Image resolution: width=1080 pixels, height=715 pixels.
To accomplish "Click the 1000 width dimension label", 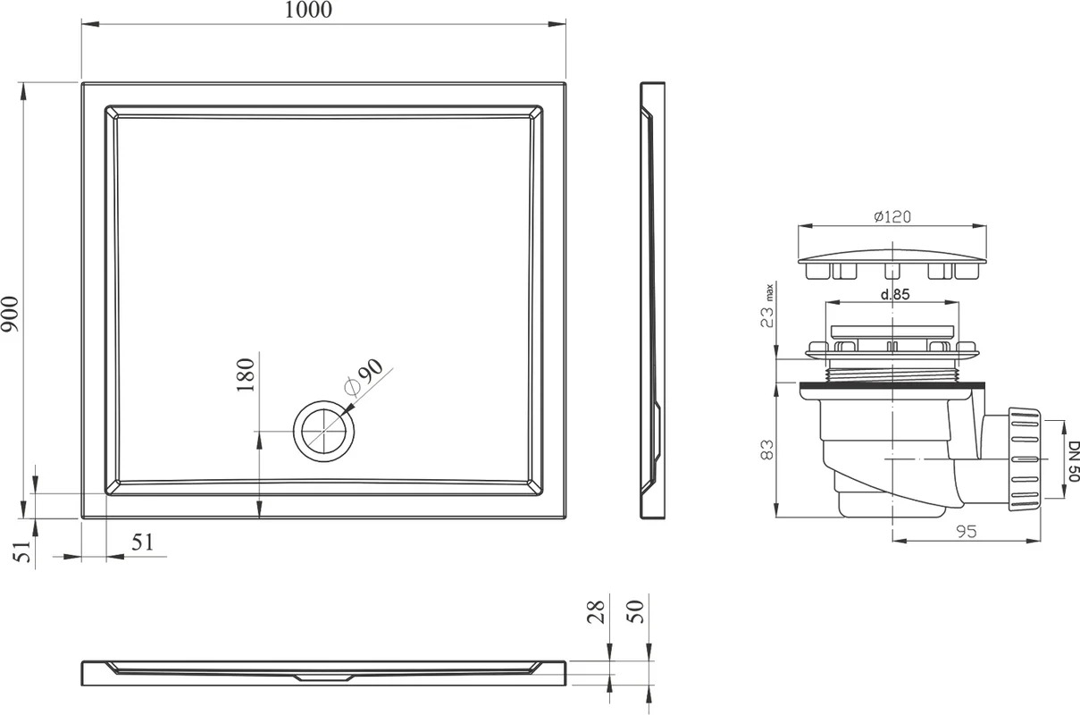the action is pyautogui.click(x=308, y=10).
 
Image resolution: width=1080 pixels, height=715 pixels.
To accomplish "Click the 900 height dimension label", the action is pyautogui.click(x=10, y=314).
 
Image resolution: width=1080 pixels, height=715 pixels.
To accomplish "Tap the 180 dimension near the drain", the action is pyautogui.click(x=246, y=374).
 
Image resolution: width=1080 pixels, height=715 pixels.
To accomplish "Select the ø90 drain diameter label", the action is pyautogui.click(x=364, y=378).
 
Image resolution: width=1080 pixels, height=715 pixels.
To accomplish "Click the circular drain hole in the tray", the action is pyautogui.click(x=324, y=431).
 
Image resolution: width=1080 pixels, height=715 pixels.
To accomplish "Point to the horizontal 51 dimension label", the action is pyautogui.click(x=143, y=543).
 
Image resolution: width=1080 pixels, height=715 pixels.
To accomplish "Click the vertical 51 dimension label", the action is pyautogui.click(x=22, y=551).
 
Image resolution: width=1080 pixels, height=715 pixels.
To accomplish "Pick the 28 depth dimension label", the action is pyautogui.click(x=596, y=611).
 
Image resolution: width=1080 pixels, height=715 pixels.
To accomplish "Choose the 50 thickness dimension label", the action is pyautogui.click(x=635, y=611).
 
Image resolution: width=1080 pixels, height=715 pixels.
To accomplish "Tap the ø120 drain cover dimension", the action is pyautogui.click(x=892, y=216).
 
